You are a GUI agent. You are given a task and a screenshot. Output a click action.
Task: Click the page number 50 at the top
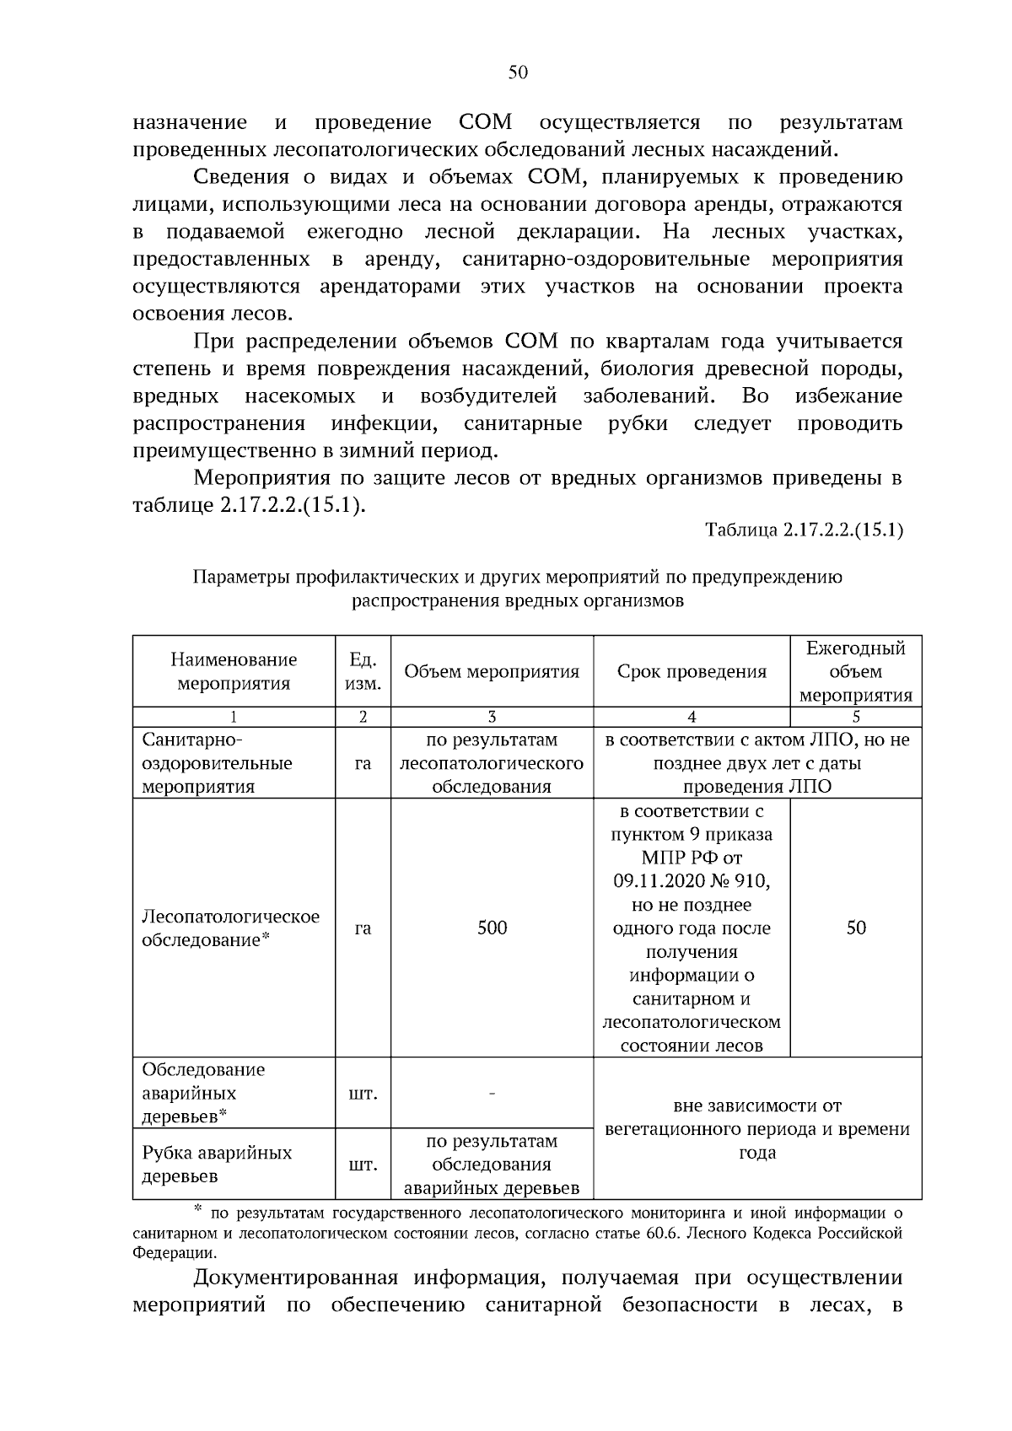point(518,73)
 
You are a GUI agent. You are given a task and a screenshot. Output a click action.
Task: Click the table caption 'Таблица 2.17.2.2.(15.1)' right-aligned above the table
point(804,530)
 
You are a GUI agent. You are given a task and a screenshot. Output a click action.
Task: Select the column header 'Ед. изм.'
point(363,671)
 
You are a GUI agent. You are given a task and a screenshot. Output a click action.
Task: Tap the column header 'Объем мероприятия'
point(492,672)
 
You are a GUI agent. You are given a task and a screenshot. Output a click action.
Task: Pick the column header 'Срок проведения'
point(692,672)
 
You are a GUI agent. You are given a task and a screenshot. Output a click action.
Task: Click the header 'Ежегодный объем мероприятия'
point(855,671)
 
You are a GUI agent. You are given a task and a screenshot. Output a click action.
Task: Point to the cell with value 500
point(492,928)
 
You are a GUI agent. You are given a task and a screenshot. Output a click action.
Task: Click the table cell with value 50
point(855,928)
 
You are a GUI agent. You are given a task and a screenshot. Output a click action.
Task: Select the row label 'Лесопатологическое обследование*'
point(230,928)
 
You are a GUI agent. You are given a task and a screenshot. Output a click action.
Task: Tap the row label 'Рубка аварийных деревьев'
point(217,1164)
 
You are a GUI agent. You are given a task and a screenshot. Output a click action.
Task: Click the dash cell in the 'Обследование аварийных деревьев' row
point(492,1094)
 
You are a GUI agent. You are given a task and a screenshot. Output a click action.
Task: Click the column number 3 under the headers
point(492,717)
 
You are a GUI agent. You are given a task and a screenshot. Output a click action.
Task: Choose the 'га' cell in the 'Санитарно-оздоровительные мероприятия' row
point(363,763)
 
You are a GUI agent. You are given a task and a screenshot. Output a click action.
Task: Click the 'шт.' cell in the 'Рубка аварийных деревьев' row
point(363,1165)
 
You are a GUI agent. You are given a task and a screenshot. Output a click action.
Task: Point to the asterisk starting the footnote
point(199,1212)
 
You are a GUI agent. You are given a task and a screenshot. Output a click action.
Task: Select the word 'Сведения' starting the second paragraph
point(236,177)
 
